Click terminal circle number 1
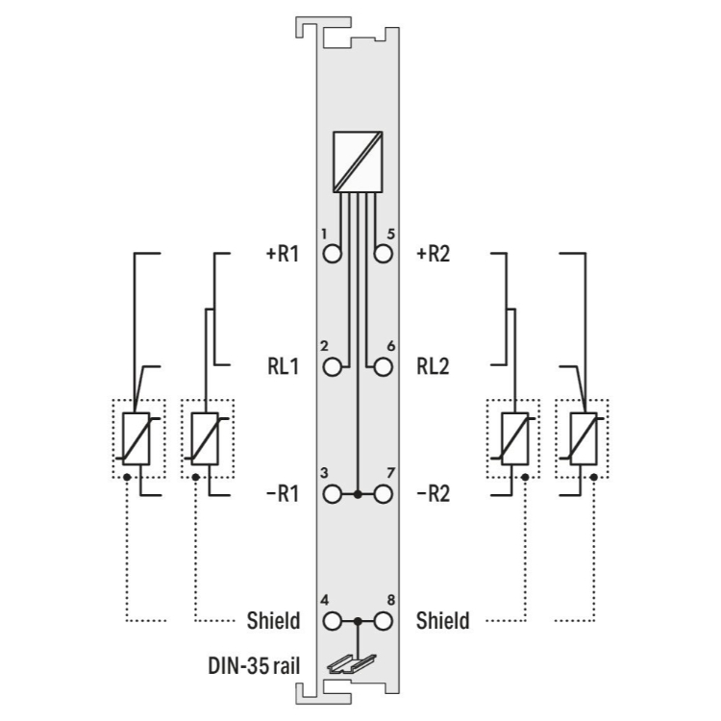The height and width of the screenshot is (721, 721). coord(332,254)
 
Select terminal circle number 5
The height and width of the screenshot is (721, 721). coord(383,254)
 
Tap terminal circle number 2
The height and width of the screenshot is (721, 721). coord(332,367)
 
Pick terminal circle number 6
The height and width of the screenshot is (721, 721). coord(383,367)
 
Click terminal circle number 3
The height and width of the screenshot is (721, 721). coord(332,494)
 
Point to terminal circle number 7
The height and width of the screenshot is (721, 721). coord(383,494)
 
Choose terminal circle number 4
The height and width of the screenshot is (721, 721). coord(332,621)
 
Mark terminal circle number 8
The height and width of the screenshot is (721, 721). coord(383,621)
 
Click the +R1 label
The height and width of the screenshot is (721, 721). coord(283,254)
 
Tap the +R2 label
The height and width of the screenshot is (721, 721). coord(434,254)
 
